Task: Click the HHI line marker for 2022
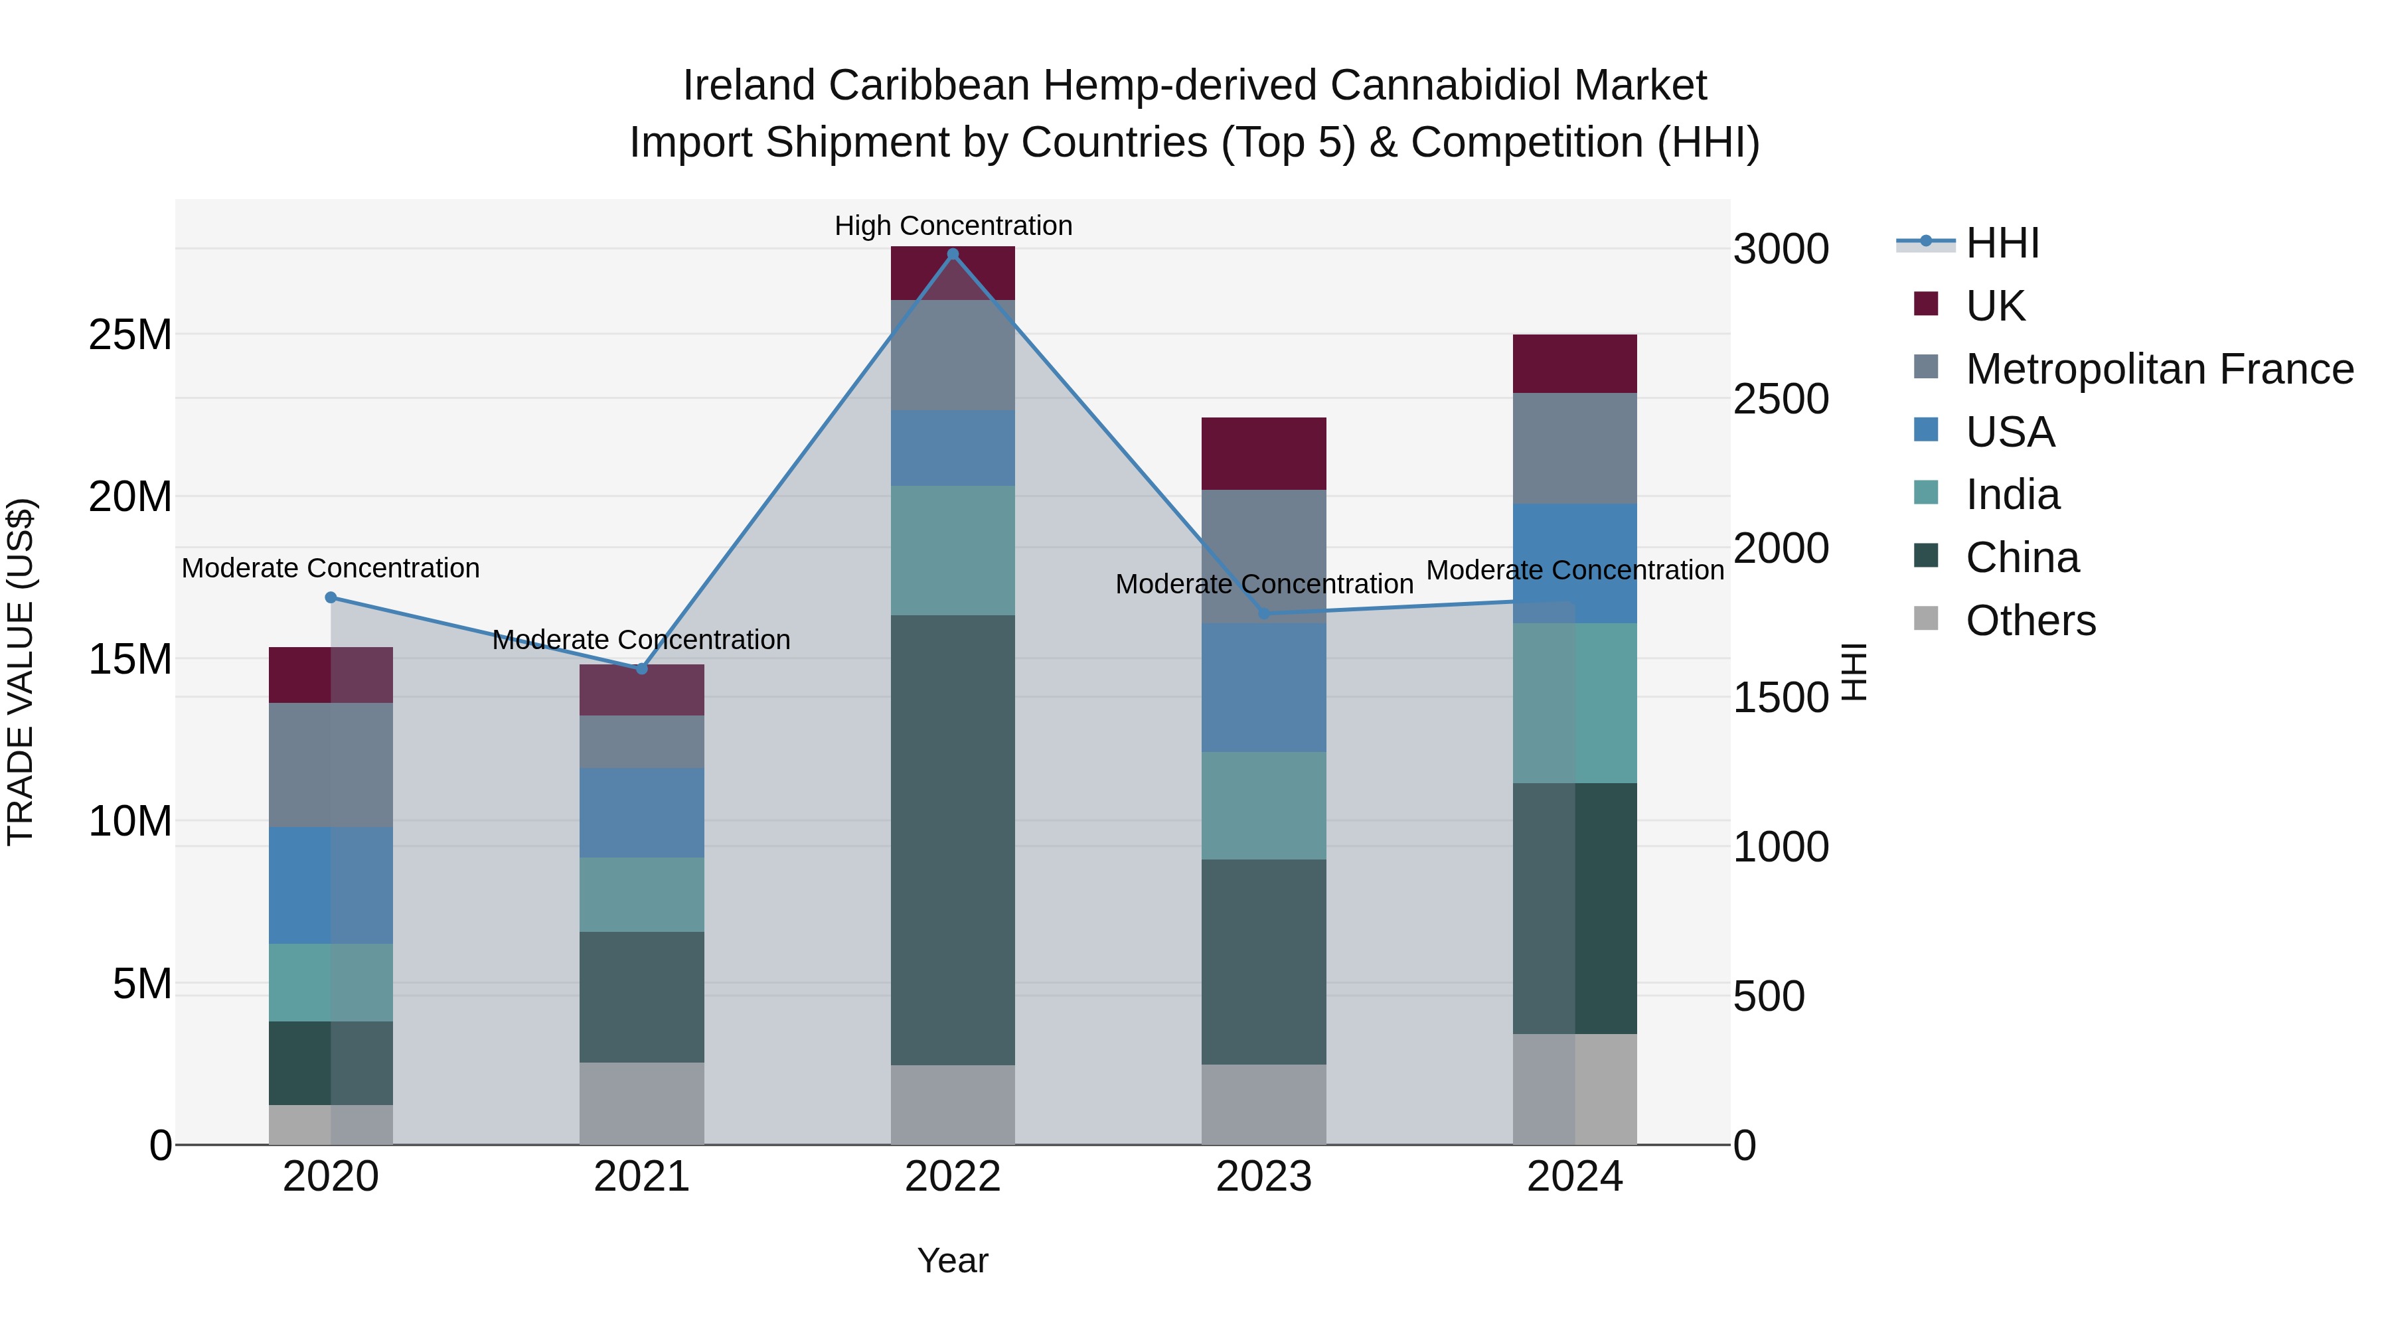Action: (x=952, y=254)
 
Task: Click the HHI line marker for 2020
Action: (x=331, y=597)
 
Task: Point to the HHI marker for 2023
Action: (x=1263, y=614)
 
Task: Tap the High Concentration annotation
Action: (x=953, y=226)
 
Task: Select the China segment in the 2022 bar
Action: (x=953, y=840)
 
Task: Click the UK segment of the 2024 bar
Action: (x=1575, y=364)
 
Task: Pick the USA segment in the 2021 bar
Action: (x=642, y=812)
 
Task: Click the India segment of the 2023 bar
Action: (x=1263, y=805)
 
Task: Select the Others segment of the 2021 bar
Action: (x=642, y=1103)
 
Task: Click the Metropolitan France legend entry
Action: (x=2159, y=369)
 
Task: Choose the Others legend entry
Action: (x=2030, y=621)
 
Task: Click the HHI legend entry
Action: (x=2002, y=243)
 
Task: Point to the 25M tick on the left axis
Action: (x=130, y=335)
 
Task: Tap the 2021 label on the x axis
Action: (x=642, y=1177)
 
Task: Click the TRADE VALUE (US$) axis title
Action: (x=21, y=672)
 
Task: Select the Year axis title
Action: (x=953, y=1260)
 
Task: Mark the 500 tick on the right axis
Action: (x=1769, y=996)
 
